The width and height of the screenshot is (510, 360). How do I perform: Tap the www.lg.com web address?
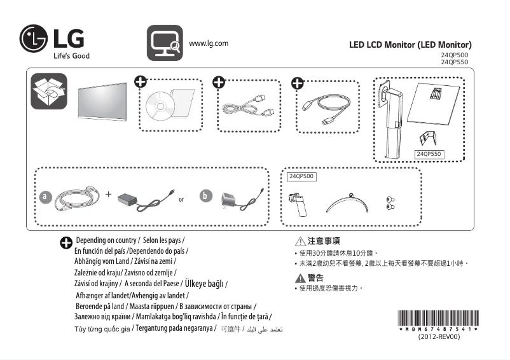pos(209,43)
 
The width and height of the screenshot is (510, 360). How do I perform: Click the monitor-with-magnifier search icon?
pos(165,43)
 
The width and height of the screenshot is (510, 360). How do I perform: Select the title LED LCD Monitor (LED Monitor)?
pos(410,45)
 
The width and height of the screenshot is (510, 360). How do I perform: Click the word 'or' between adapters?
pos(181,200)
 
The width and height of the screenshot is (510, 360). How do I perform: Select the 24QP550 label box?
pos(429,154)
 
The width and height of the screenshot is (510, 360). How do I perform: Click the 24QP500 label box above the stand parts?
pos(301,176)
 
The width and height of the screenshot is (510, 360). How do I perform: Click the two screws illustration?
pos(390,203)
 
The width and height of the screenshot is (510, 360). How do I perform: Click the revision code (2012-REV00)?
pos(439,337)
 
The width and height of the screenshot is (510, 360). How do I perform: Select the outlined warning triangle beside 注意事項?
pos(299,242)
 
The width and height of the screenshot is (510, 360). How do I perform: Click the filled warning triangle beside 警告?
pos(299,278)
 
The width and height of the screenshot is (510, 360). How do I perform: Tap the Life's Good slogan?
pos(71,56)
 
